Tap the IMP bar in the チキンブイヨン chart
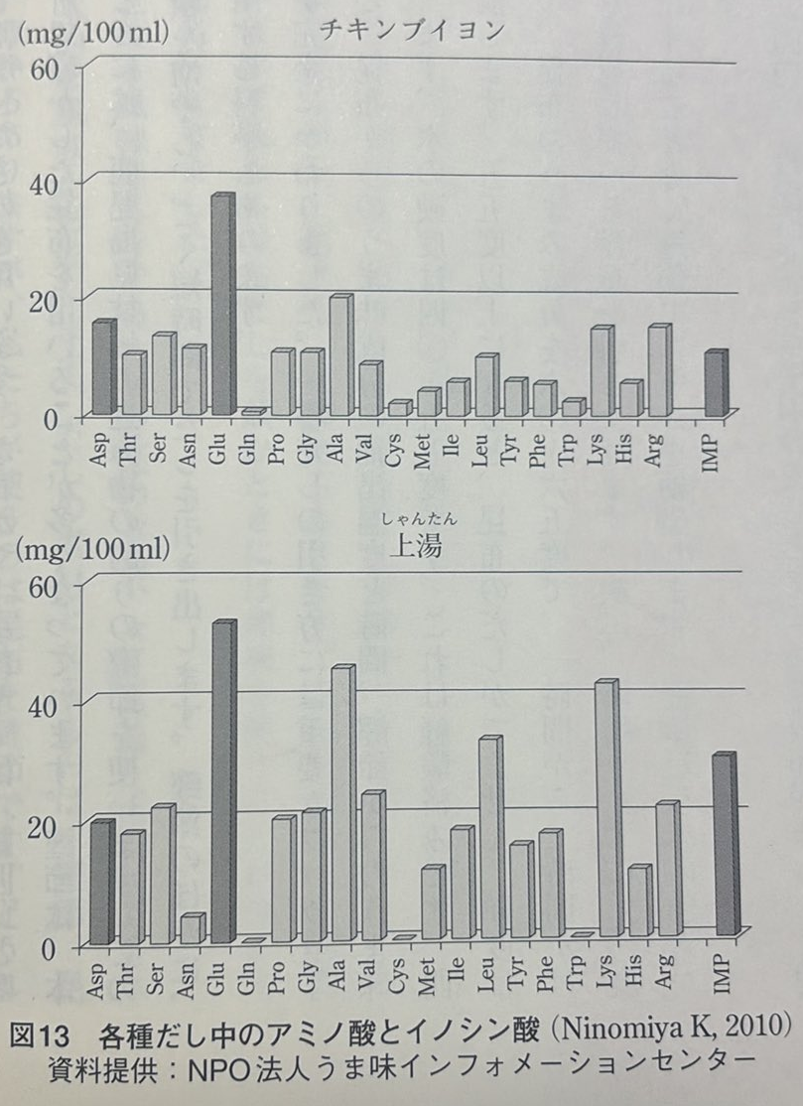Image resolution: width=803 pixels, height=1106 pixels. click(x=715, y=383)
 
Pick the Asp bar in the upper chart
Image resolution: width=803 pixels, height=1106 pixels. click(x=104, y=367)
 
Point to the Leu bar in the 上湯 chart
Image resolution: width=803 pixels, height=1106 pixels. click(x=489, y=838)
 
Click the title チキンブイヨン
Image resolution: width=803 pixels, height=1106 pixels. click(x=412, y=30)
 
